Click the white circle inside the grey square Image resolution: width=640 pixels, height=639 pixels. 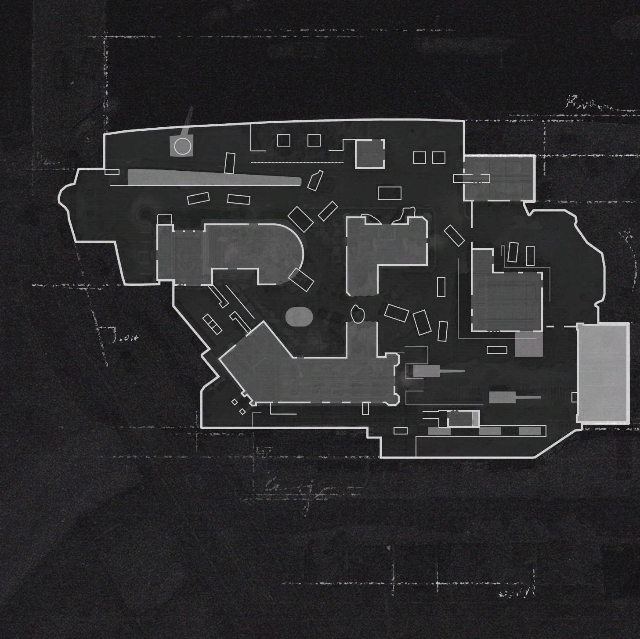[182, 146]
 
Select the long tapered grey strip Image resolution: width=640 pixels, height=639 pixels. [211, 178]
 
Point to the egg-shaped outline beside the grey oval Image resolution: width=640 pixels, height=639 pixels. [358, 314]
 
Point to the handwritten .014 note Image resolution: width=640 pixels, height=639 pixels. [129, 338]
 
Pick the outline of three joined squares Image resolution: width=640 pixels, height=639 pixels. [212, 324]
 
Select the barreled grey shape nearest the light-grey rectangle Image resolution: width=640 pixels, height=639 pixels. [503, 398]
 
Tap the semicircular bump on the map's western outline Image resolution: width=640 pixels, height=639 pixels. [64, 197]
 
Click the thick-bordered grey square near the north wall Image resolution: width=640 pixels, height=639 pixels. [369, 154]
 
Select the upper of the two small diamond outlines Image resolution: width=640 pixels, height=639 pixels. [235, 402]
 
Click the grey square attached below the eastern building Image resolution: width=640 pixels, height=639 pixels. [528, 344]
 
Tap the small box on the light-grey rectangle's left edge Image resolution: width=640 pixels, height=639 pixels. [575, 397]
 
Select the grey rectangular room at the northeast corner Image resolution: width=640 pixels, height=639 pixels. [499, 178]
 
